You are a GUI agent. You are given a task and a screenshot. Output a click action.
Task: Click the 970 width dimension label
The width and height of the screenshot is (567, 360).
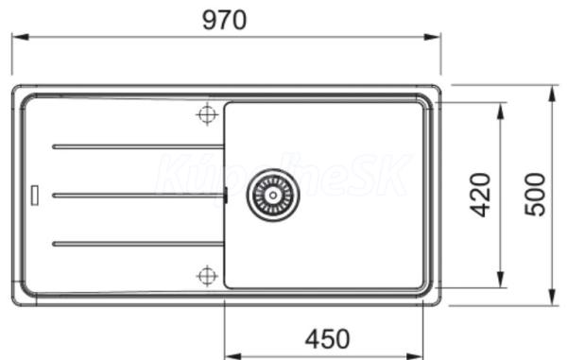coord(225,20)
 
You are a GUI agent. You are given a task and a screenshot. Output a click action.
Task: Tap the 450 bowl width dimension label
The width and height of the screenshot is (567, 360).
coord(328,339)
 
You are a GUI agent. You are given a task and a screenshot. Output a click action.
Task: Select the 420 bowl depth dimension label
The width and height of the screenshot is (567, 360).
coord(481,195)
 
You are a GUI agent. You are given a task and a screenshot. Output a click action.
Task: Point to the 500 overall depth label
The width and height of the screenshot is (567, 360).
coord(535,195)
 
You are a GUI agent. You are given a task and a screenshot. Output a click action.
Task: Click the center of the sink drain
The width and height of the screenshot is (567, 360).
coord(273,195)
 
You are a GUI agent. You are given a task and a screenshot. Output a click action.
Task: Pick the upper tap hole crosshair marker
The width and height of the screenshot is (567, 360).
coord(207,114)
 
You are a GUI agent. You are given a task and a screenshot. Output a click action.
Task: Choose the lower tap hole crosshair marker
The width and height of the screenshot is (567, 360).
coord(207,276)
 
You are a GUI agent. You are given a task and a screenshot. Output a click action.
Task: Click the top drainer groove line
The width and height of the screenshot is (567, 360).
coord(138,146)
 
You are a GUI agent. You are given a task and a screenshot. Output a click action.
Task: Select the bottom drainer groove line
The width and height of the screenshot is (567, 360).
coord(138,244)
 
